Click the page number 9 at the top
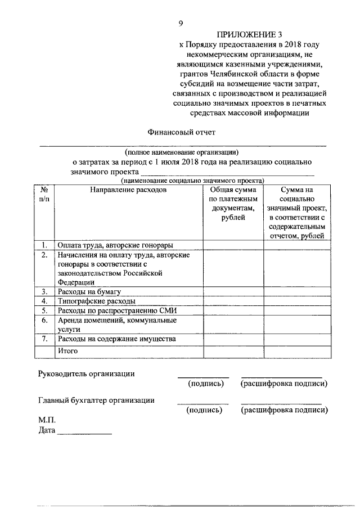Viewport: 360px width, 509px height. (181, 23)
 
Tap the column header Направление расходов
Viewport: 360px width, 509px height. (128, 190)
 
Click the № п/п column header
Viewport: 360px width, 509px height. (44, 195)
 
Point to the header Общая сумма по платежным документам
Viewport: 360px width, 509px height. (233, 204)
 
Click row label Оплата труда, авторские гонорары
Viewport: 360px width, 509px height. (115, 245)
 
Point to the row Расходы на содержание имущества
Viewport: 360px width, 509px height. (117, 339)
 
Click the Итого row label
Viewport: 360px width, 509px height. (67, 351)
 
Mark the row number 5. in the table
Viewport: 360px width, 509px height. (44, 310)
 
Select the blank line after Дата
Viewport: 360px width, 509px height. (84, 434)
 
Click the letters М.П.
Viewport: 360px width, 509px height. (47, 420)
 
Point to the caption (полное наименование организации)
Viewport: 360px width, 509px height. (182, 152)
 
